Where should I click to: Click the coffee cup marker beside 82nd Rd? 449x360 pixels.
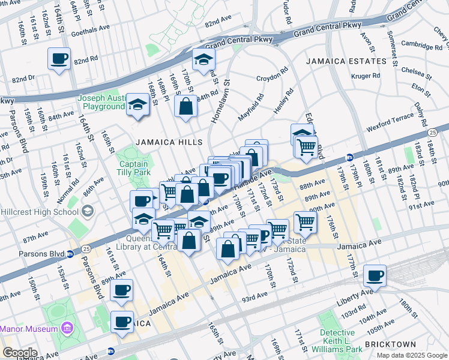coord(59,59)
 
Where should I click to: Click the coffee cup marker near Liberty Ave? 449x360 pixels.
coord(375,276)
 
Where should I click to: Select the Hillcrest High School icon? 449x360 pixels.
coord(88,211)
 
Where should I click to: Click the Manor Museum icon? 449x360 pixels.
coord(66,328)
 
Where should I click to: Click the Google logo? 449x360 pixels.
coord(20,353)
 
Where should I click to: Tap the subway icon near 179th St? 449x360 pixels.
coord(350,158)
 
